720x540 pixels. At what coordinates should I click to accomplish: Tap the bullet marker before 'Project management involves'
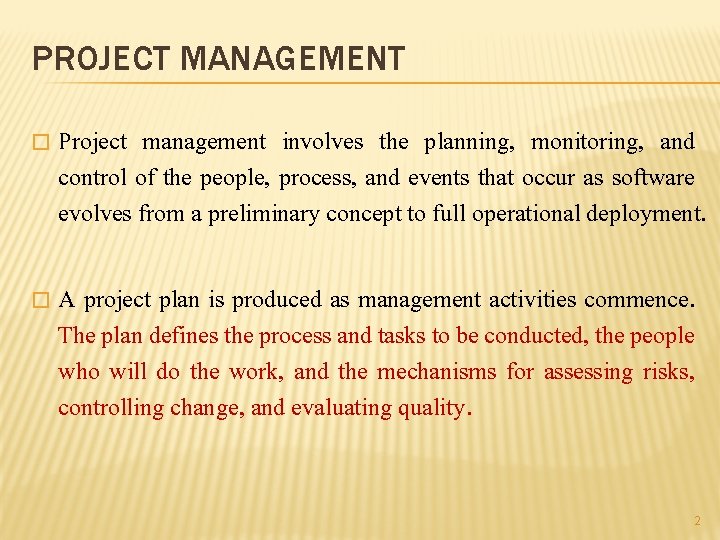pyautogui.click(x=40, y=143)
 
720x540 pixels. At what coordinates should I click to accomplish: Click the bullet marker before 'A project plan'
pyautogui.click(x=40, y=300)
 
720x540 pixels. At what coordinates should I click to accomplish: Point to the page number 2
pyautogui.click(x=697, y=521)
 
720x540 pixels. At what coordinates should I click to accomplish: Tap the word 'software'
pyautogui.click(x=653, y=178)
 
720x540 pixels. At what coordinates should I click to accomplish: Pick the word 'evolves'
pyautogui.click(x=95, y=214)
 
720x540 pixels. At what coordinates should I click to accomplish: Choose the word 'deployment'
pyautogui.click(x=647, y=214)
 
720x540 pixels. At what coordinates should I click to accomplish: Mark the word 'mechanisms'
pyautogui.click(x=436, y=372)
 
